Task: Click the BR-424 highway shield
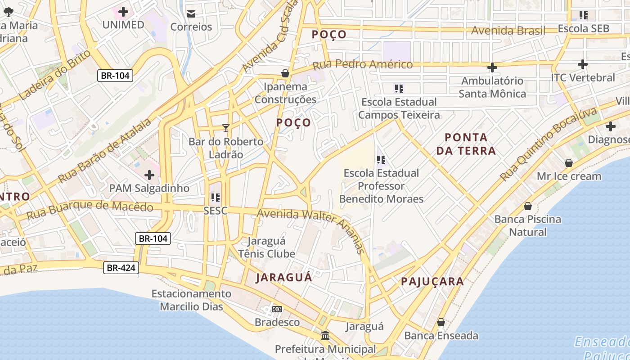[121, 268]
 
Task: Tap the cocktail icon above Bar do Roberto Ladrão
[226, 128]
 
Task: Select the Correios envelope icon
[191, 13]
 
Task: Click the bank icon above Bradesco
[277, 309]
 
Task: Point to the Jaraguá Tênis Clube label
[267, 247]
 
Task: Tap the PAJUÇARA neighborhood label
[432, 282]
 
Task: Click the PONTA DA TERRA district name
[466, 144]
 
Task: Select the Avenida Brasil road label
[508, 31]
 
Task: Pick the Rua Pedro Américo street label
[362, 65]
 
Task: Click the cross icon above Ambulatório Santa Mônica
[492, 67]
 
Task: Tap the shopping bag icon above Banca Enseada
[441, 323]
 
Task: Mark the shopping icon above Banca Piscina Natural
[528, 206]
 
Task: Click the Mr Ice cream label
[569, 176]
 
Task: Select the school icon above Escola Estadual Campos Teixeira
[399, 88]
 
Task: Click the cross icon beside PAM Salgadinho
[149, 175]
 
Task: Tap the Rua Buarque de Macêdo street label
[90, 210]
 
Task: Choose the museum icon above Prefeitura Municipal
[325, 336]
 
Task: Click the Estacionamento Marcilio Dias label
[191, 300]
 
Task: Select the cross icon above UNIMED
[123, 12]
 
